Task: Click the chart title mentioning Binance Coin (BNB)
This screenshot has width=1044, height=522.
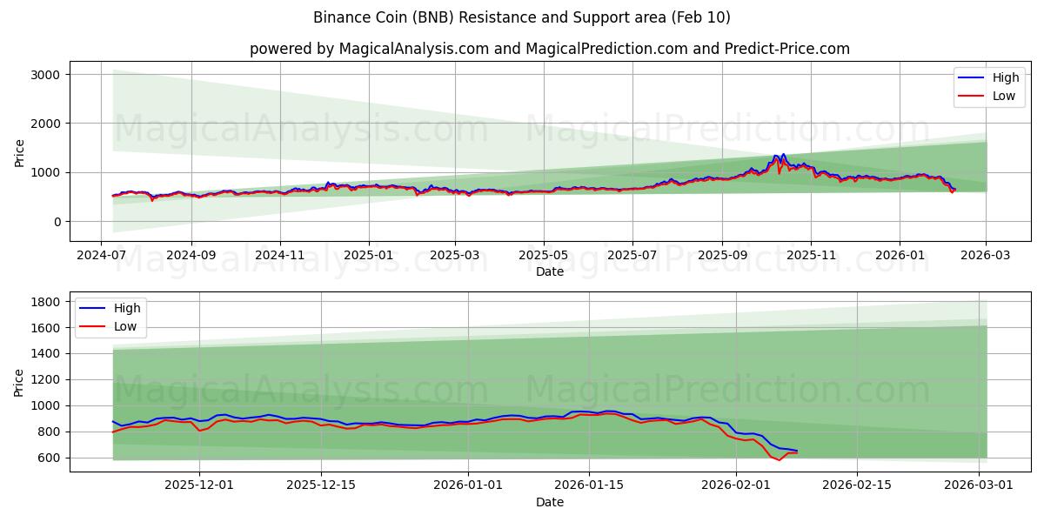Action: tap(521, 17)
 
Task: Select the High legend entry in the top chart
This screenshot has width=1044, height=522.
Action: tap(992, 77)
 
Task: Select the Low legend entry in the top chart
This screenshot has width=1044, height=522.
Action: tap(992, 96)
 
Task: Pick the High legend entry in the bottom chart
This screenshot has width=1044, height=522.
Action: tap(113, 308)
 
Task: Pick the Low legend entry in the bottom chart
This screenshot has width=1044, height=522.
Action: tap(113, 326)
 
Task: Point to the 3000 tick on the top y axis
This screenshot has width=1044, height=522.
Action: tap(44, 75)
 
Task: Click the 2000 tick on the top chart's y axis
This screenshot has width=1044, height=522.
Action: tap(44, 124)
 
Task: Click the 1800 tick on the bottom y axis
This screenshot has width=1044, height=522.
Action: tap(44, 302)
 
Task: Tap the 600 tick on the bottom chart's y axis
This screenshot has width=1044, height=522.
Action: tap(48, 458)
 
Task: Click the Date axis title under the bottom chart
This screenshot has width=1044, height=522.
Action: tap(549, 502)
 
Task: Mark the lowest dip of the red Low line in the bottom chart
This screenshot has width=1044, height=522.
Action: tap(779, 460)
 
